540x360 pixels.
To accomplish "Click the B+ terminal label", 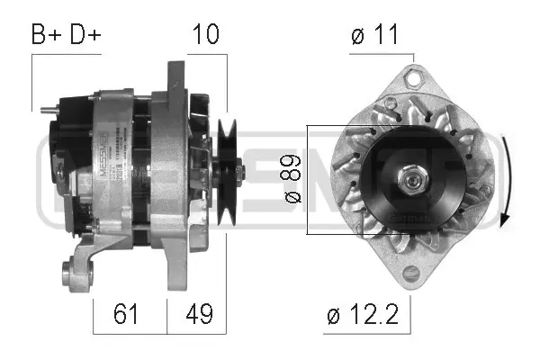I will coord(48,35).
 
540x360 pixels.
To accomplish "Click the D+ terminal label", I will coord(85,35).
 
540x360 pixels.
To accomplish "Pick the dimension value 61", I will coord(129,316).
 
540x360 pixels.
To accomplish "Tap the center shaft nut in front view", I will coord(414,181).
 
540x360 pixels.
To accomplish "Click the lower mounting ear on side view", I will coord(71,269).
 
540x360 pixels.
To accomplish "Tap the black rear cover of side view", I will coord(61,166).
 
